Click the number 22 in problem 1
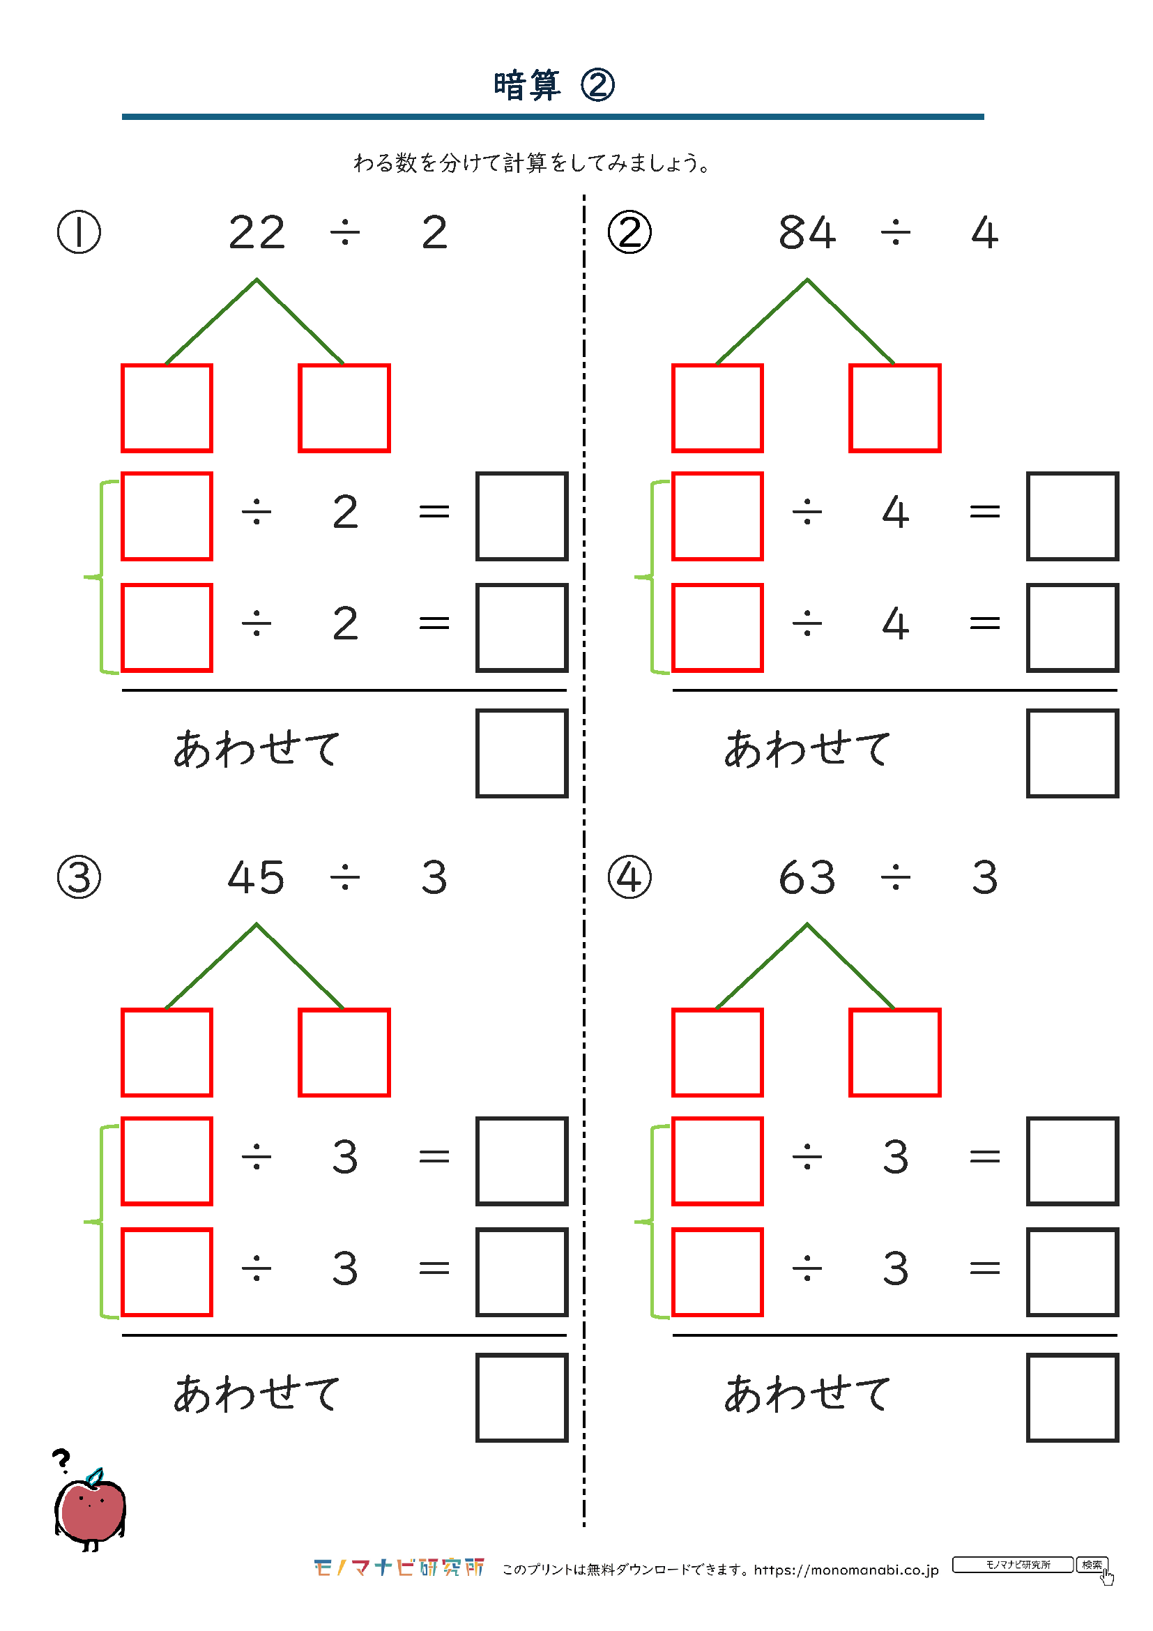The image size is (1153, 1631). (257, 232)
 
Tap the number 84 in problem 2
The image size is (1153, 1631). (807, 232)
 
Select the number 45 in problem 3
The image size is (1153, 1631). (257, 877)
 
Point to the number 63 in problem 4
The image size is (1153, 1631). (807, 877)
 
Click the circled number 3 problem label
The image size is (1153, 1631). (79, 877)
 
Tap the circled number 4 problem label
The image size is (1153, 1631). (629, 877)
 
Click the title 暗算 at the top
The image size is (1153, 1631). (527, 85)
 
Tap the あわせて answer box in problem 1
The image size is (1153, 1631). (522, 753)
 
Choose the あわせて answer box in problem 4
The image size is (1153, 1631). (1073, 1398)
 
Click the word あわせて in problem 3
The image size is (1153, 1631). (257, 1394)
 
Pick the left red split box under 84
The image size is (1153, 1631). (718, 408)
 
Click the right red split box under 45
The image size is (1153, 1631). (344, 1053)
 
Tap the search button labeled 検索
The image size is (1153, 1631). (1092, 1564)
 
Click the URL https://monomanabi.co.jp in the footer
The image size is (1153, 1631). (846, 1569)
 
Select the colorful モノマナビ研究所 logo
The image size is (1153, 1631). (399, 1567)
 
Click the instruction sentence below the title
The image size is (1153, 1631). (532, 163)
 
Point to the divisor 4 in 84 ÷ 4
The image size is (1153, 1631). (985, 233)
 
